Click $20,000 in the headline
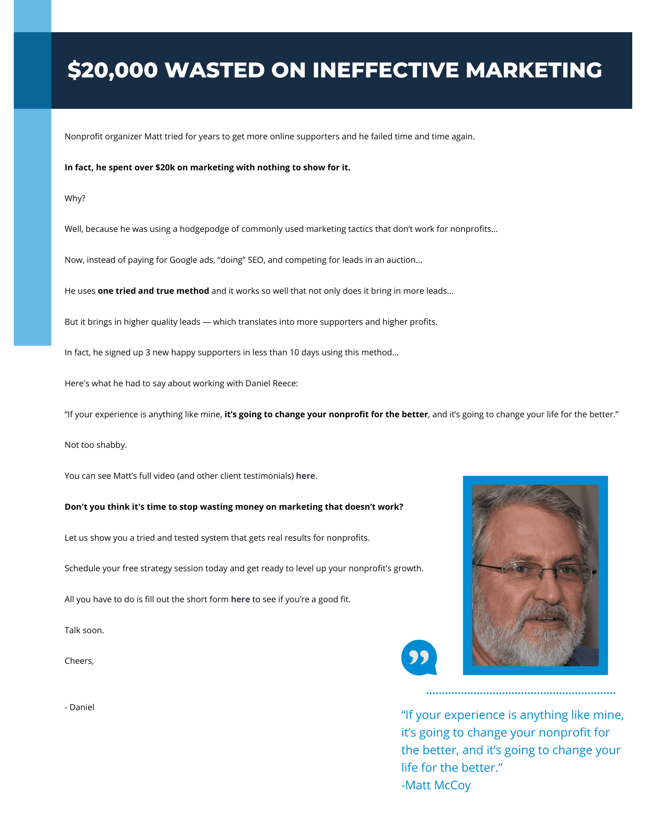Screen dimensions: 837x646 (112, 70)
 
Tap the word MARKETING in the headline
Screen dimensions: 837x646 (534, 70)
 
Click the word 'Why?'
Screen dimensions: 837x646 (75, 198)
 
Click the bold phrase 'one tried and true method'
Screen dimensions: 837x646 (153, 291)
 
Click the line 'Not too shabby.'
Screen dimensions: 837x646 (95, 445)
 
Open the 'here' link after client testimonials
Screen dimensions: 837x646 (305, 476)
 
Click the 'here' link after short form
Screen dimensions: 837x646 (240, 599)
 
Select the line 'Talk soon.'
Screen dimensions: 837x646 (84, 630)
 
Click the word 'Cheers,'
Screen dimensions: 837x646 (79, 661)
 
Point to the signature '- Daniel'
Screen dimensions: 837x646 (79, 707)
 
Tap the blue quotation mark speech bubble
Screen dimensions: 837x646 (419, 657)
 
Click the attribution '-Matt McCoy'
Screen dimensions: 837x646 (436, 785)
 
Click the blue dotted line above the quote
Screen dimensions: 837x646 (521, 693)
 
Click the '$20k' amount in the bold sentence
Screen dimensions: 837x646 (165, 167)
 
